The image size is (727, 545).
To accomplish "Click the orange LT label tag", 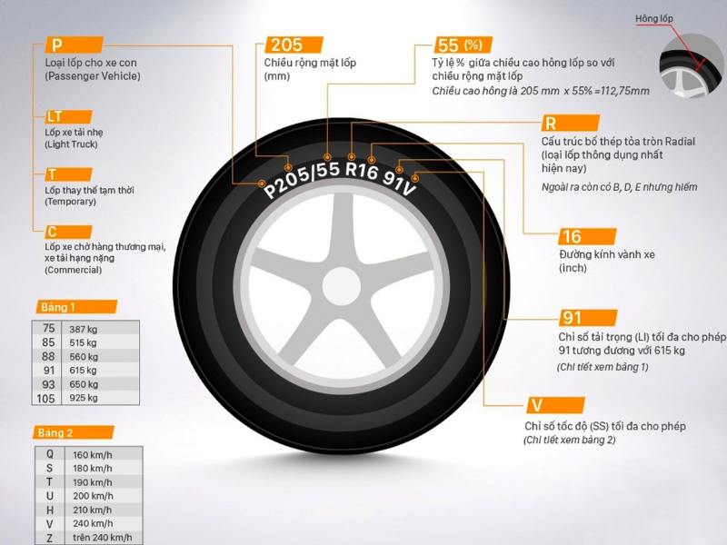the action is tap(69, 116).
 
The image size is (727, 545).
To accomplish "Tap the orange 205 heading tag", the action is tap(294, 45).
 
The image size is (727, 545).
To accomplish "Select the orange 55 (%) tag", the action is tap(463, 45).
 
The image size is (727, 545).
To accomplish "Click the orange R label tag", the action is tap(571, 124).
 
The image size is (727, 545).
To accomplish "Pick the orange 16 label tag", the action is tap(587, 236).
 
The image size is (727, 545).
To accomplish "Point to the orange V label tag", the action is tap(555, 405).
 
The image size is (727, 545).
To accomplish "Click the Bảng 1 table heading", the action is tap(76, 307).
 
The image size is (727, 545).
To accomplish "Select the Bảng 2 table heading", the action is tap(74, 433).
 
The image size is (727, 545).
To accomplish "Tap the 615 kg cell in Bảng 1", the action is tap(84, 371).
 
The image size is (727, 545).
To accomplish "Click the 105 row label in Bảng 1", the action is tap(46, 398).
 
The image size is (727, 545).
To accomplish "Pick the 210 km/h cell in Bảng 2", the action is tap(93, 510).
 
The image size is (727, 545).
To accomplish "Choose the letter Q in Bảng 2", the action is tap(50, 454).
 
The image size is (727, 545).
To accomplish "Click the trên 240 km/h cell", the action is tap(102, 538).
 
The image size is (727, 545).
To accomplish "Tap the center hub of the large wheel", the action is tap(342, 286).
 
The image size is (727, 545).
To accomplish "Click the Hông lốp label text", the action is tap(653, 18).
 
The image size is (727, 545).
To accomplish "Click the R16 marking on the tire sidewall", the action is tap(362, 171).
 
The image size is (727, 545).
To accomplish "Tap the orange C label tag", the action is tap(69, 232).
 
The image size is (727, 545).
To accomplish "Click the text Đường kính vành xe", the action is tap(606, 254).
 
